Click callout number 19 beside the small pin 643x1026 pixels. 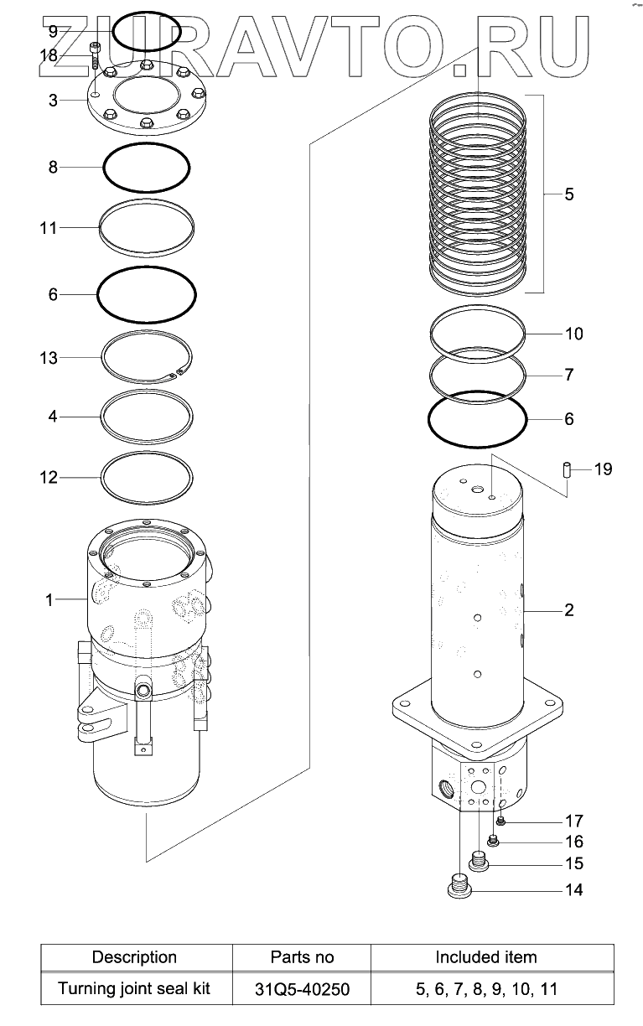pyautogui.click(x=603, y=469)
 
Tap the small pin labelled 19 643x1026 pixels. pyautogui.click(x=567, y=469)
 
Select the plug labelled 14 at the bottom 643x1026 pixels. pyautogui.click(x=459, y=888)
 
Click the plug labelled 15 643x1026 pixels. pyautogui.click(x=480, y=862)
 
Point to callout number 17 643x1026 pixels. pyautogui.click(x=573, y=821)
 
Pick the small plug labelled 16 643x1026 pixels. pyautogui.click(x=493, y=841)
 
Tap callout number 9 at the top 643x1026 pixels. pyautogui.click(x=53, y=32)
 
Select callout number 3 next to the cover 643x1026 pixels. pyautogui.click(x=53, y=101)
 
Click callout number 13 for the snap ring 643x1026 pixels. pyautogui.click(x=48, y=358)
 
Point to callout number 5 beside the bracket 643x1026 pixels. pyautogui.click(x=569, y=194)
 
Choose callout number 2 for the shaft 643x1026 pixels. pyautogui.click(x=569, y=610)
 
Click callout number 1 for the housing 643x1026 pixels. pyautogui.click(x=49, y=600)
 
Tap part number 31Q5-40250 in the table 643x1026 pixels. pyautogui.click(x=302, y=989)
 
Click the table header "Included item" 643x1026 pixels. pyautogui.click(x=486, y=957)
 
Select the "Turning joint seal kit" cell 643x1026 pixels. pyautogui.click(x=134, y=989)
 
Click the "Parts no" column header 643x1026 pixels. pyautogui.click(x=302, y=957)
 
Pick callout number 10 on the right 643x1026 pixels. pyautogui.click(x=573, y=334)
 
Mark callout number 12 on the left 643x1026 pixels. pyautogui.click(x=48, y=478)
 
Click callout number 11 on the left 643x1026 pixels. pyautogui.click(x=48, y=228)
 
